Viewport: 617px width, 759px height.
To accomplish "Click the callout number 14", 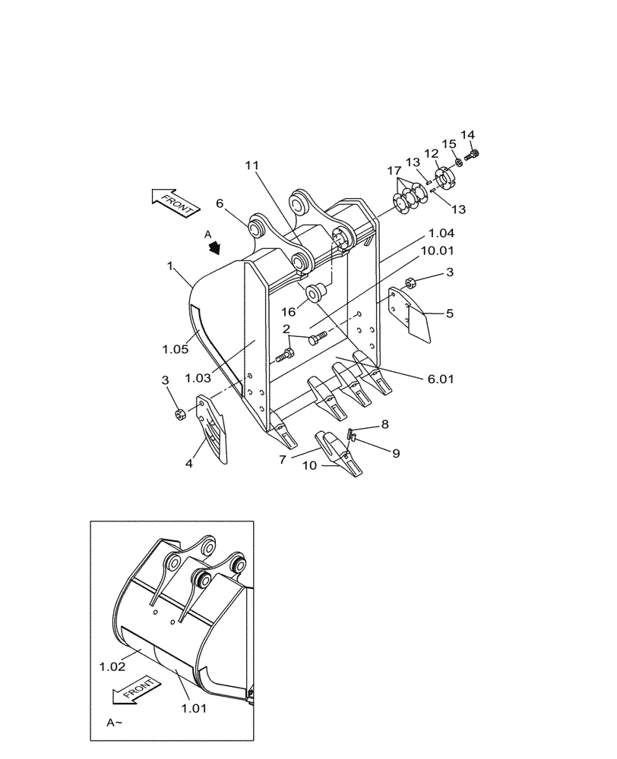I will click(467, 135).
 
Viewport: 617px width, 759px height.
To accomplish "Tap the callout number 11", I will click(252, 165).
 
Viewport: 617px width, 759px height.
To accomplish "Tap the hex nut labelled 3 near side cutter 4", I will click(180, 414).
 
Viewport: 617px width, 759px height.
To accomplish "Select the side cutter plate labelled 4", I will click(214, 428).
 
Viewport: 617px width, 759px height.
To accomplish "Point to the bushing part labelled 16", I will click(316, 290).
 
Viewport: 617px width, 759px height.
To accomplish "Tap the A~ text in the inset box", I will click(115, 723).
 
